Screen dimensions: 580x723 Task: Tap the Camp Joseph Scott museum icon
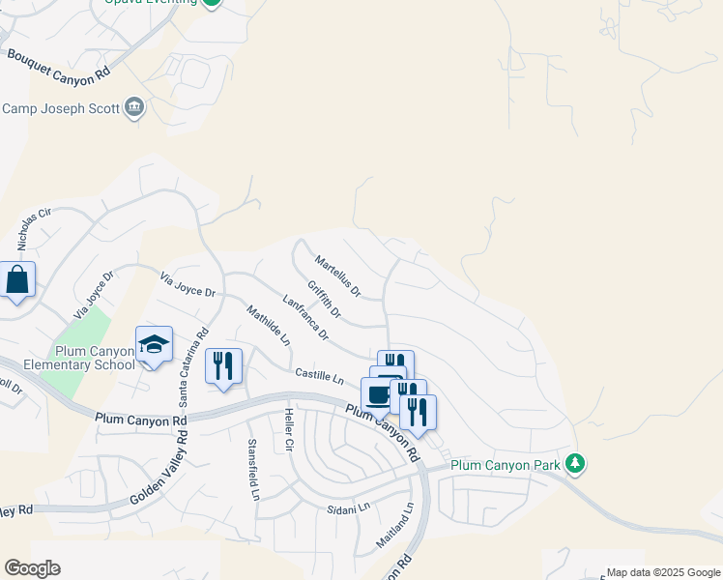134,107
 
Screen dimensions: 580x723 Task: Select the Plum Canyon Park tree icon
576,465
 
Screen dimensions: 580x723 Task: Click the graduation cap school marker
154,345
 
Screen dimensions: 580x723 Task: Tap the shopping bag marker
17,280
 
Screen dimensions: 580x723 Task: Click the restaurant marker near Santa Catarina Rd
223,366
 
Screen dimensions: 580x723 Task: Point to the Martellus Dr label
337,275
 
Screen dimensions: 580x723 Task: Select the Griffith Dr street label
325,299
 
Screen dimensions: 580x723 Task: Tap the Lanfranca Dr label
304,318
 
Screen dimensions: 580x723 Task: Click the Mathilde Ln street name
268,326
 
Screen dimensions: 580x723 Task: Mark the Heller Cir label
288,431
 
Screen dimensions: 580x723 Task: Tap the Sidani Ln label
349,507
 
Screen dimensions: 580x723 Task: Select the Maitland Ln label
395,526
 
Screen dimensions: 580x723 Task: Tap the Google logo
32,568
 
